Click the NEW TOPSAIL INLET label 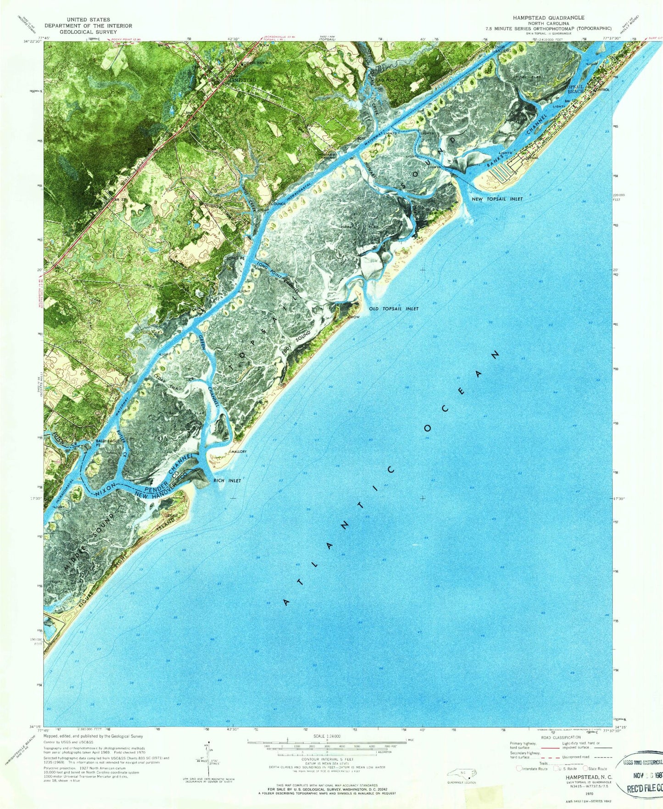click(497, 199)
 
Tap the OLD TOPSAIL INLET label click(394, 309)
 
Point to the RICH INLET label click(227, 481)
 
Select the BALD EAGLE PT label click(105, 443)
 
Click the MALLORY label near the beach click(239, 452)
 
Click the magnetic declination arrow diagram click(209, 764)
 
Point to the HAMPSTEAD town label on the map click(240, 79)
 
